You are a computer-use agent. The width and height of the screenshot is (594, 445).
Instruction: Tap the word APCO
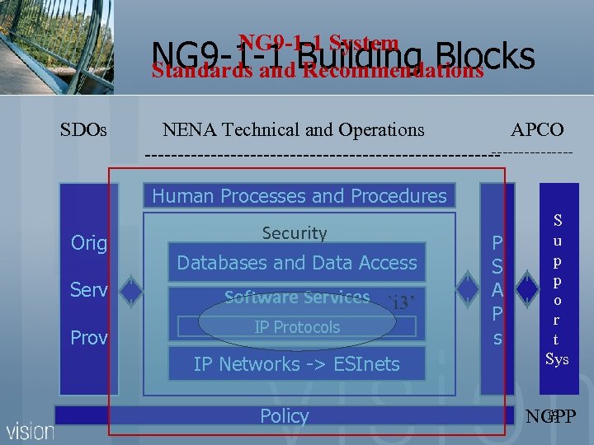[x=537, y=129]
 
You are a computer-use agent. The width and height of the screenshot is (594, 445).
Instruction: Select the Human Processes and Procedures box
[x=299, y=196]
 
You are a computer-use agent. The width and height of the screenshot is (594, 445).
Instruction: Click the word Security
[x=295, y=233]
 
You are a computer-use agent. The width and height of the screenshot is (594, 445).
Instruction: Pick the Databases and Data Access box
[x=297, y=263]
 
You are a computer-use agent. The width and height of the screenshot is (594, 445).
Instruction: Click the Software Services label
[x=297, y=297]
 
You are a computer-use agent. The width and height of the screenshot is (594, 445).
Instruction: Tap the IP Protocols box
[x=297, y=327]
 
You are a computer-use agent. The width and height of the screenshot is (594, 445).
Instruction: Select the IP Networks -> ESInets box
[x=296, y=363]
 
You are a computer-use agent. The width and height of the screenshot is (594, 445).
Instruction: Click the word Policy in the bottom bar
[x=285, y=416]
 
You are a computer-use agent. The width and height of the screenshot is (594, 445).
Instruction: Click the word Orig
[x=89, y=243]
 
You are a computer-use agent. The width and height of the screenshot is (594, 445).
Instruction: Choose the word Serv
[x=89, y=291]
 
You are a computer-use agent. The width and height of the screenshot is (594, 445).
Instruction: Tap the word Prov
[x=89, y=338]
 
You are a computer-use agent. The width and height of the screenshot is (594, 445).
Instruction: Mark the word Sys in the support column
[x=557, y=358]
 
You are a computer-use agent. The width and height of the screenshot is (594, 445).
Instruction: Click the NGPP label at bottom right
[x=550, y=417]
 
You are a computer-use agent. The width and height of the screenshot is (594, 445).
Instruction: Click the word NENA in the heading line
[x=189, y=129]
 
